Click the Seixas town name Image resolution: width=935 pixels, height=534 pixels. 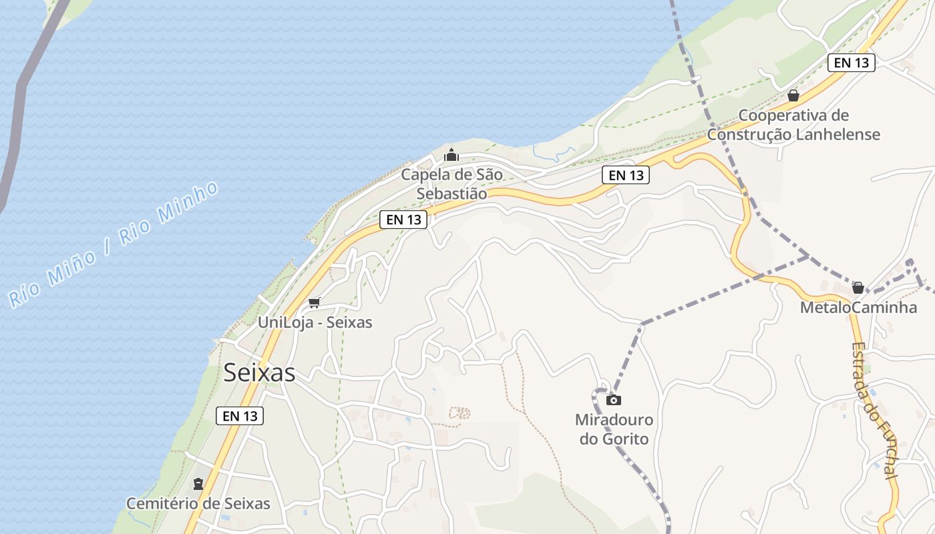[259, 372]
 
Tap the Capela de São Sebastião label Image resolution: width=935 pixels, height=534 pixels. [451, 184]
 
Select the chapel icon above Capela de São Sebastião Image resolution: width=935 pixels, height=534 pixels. [451, 156]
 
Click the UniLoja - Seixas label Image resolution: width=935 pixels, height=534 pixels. [315, 322]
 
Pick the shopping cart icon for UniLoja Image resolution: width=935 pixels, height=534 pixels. [315, 302]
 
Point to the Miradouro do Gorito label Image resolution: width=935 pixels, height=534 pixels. [614, 429]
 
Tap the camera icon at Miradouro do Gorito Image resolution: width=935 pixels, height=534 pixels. [614, 400]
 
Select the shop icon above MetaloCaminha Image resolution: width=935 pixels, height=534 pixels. [858, 288]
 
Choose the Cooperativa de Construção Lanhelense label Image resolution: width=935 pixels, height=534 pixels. [793, 125]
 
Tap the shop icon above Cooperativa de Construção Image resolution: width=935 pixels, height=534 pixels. [793, 95]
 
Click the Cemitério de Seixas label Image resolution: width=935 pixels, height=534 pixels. [198, 503]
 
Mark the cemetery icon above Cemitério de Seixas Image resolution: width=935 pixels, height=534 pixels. [198, 483]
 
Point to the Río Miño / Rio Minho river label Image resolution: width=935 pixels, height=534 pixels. [114, 244]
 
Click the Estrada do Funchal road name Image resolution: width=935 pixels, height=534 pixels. [874, 411]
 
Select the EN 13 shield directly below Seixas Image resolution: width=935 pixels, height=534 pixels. [240, 416]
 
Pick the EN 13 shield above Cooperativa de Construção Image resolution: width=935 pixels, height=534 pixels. [851, 63]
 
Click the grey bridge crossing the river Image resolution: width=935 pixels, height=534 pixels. [20, 100]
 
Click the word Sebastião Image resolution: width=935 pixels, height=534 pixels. [451, 194]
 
